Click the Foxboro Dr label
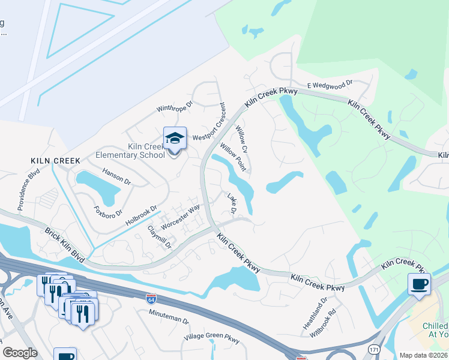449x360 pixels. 108,212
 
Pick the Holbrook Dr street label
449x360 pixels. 140,215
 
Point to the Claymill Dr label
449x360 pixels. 160,237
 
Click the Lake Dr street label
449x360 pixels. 232,203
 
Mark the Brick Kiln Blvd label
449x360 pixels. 64,244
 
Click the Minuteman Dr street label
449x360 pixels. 169,322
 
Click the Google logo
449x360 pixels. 20,352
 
